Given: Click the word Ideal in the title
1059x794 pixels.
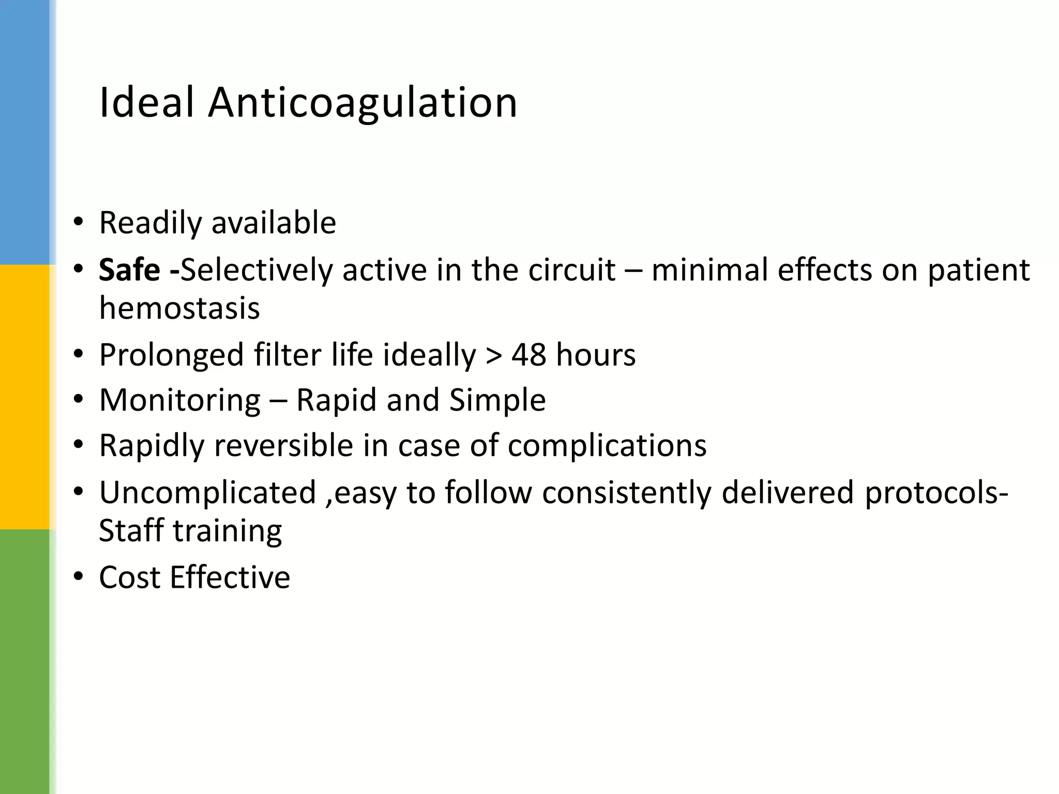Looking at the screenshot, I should pos(146,102).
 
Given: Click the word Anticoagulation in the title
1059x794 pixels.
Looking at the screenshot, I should pos(362,103).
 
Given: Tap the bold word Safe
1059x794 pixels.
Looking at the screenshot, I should pos(129,270).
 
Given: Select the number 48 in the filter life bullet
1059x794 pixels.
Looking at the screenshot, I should pos(528,355).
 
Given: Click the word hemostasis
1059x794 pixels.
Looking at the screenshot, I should pos(179,309).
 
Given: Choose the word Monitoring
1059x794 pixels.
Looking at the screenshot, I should pos(180,401).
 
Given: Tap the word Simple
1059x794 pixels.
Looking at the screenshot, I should pos(497,401).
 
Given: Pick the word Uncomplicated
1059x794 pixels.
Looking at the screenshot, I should pos(207,492).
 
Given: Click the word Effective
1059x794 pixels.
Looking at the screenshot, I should pos(230,577).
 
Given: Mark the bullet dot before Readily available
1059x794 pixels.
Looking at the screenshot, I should pos(78,222).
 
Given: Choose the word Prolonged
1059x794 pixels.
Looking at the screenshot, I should pos(171,356).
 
